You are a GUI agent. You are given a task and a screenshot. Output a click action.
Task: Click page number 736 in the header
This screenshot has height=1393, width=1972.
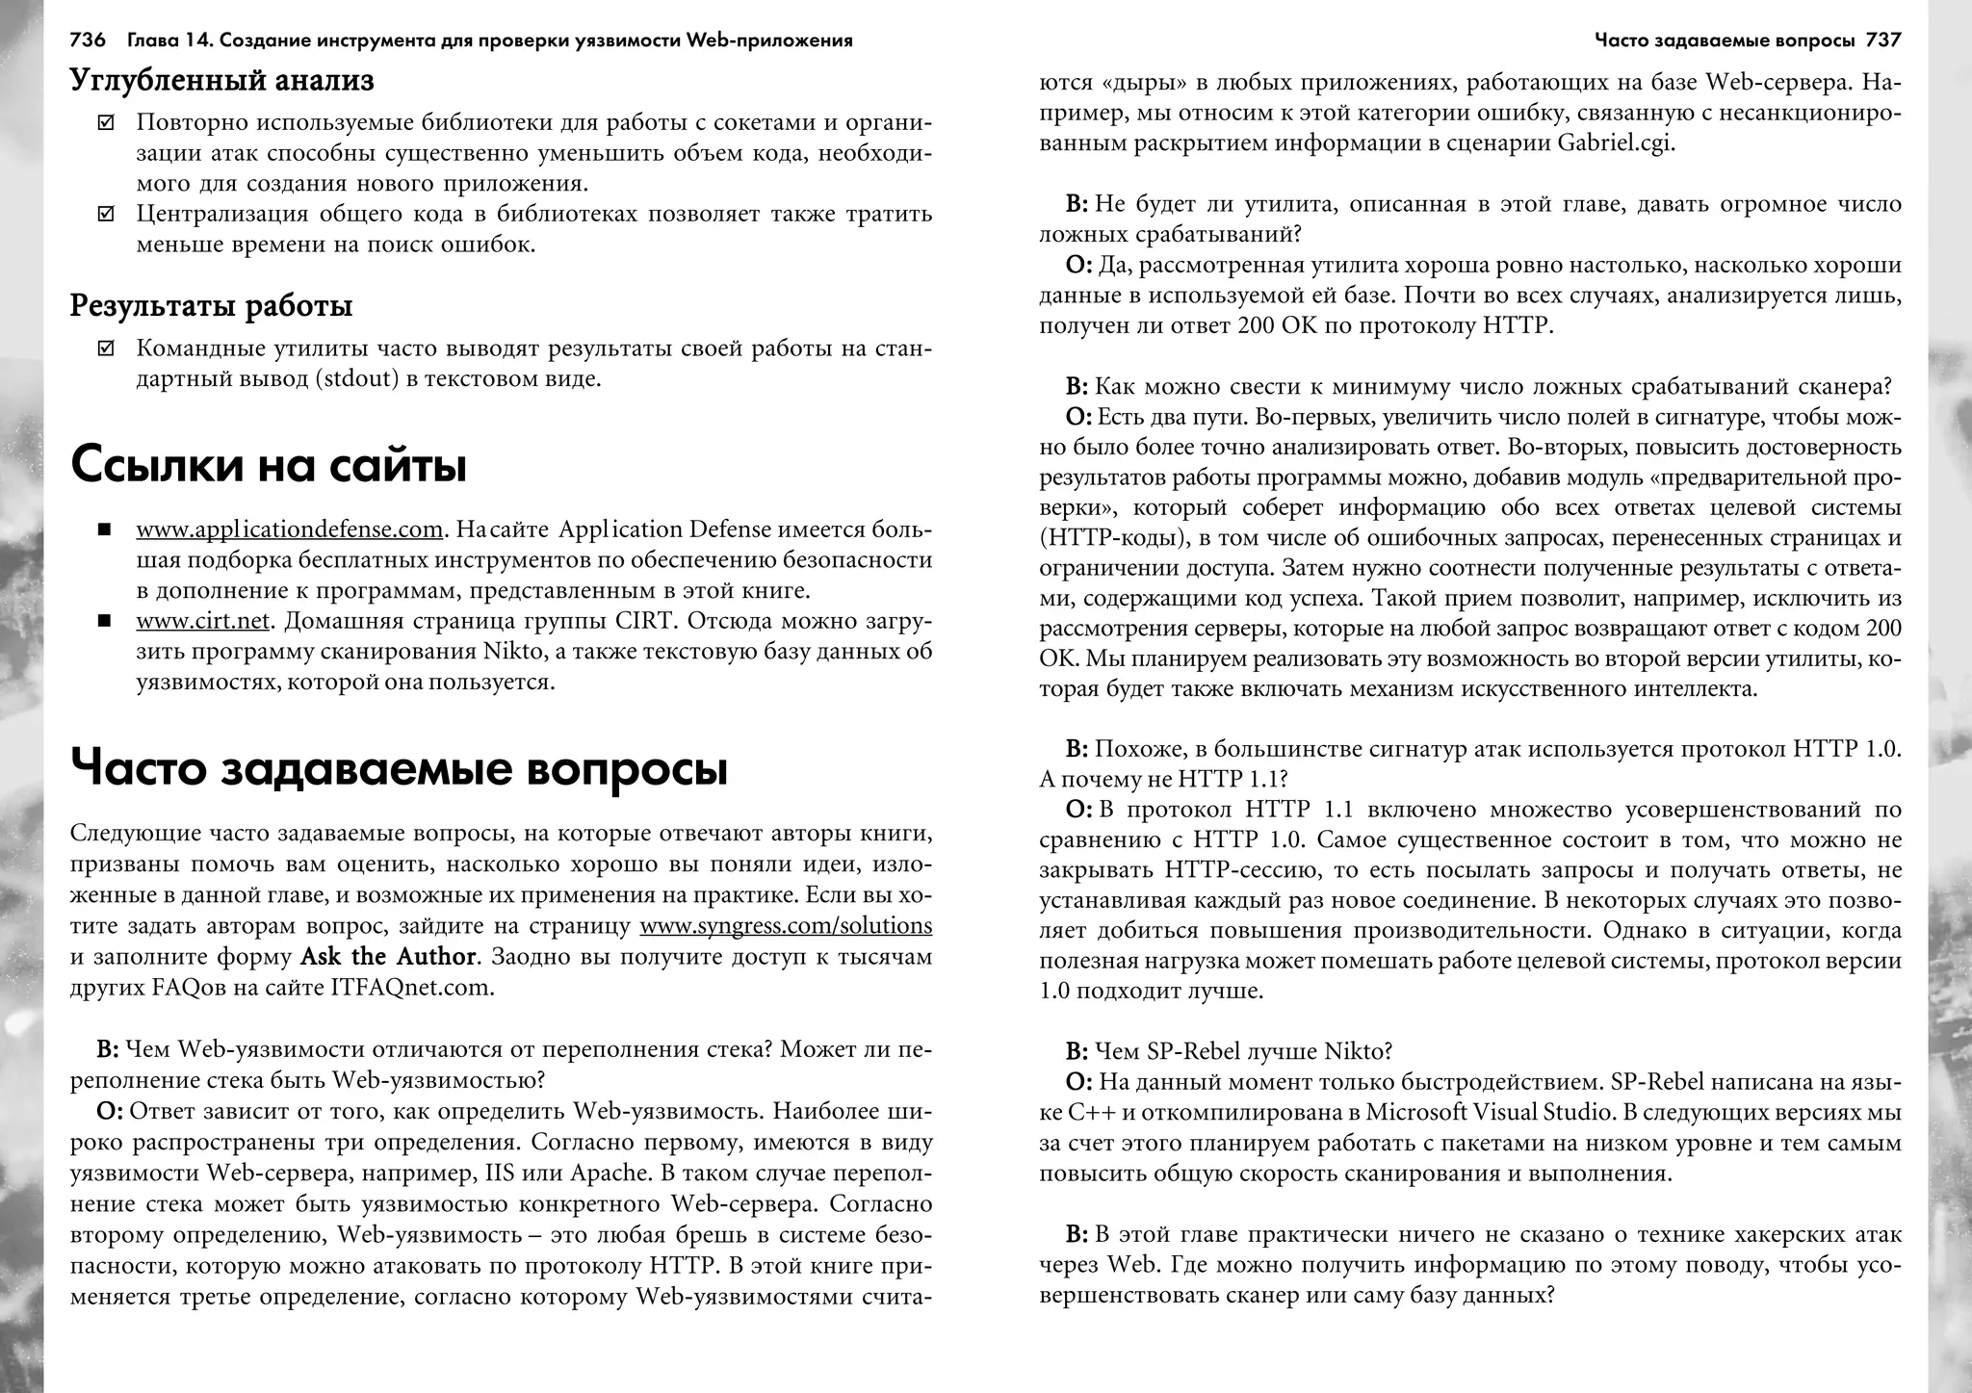point(88,40)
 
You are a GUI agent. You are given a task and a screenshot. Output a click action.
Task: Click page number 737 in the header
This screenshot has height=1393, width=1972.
point(1882,40)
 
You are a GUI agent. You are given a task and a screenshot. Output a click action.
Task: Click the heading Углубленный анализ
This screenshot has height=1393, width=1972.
point(222,81)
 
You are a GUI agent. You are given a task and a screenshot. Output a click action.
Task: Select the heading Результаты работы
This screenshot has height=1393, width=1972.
point(212,306)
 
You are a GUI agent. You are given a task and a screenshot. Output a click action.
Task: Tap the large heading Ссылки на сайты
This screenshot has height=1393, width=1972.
point(269,466)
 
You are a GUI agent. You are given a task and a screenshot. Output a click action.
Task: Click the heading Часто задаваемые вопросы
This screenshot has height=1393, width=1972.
point(399,768)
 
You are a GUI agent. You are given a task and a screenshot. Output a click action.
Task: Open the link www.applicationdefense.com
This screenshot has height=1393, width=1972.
point(289,529)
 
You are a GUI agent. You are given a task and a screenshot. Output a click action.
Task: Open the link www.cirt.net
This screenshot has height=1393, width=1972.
point(203,621)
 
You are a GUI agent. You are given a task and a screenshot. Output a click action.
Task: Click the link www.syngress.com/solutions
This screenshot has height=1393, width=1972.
point(786,926)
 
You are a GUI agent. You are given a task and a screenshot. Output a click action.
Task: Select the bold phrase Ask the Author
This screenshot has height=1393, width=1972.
point(388,957)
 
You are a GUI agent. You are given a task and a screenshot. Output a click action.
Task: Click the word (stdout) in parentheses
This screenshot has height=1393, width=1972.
point(355,378)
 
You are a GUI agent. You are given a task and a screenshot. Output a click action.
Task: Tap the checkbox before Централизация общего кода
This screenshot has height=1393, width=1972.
point(106,214)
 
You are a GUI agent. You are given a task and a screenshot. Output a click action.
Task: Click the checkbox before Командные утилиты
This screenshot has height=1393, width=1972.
point(106,348)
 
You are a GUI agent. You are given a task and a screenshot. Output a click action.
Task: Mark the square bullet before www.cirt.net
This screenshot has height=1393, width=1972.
point(105,621)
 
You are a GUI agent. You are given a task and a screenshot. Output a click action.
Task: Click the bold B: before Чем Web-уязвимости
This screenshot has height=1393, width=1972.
point(107,1048)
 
